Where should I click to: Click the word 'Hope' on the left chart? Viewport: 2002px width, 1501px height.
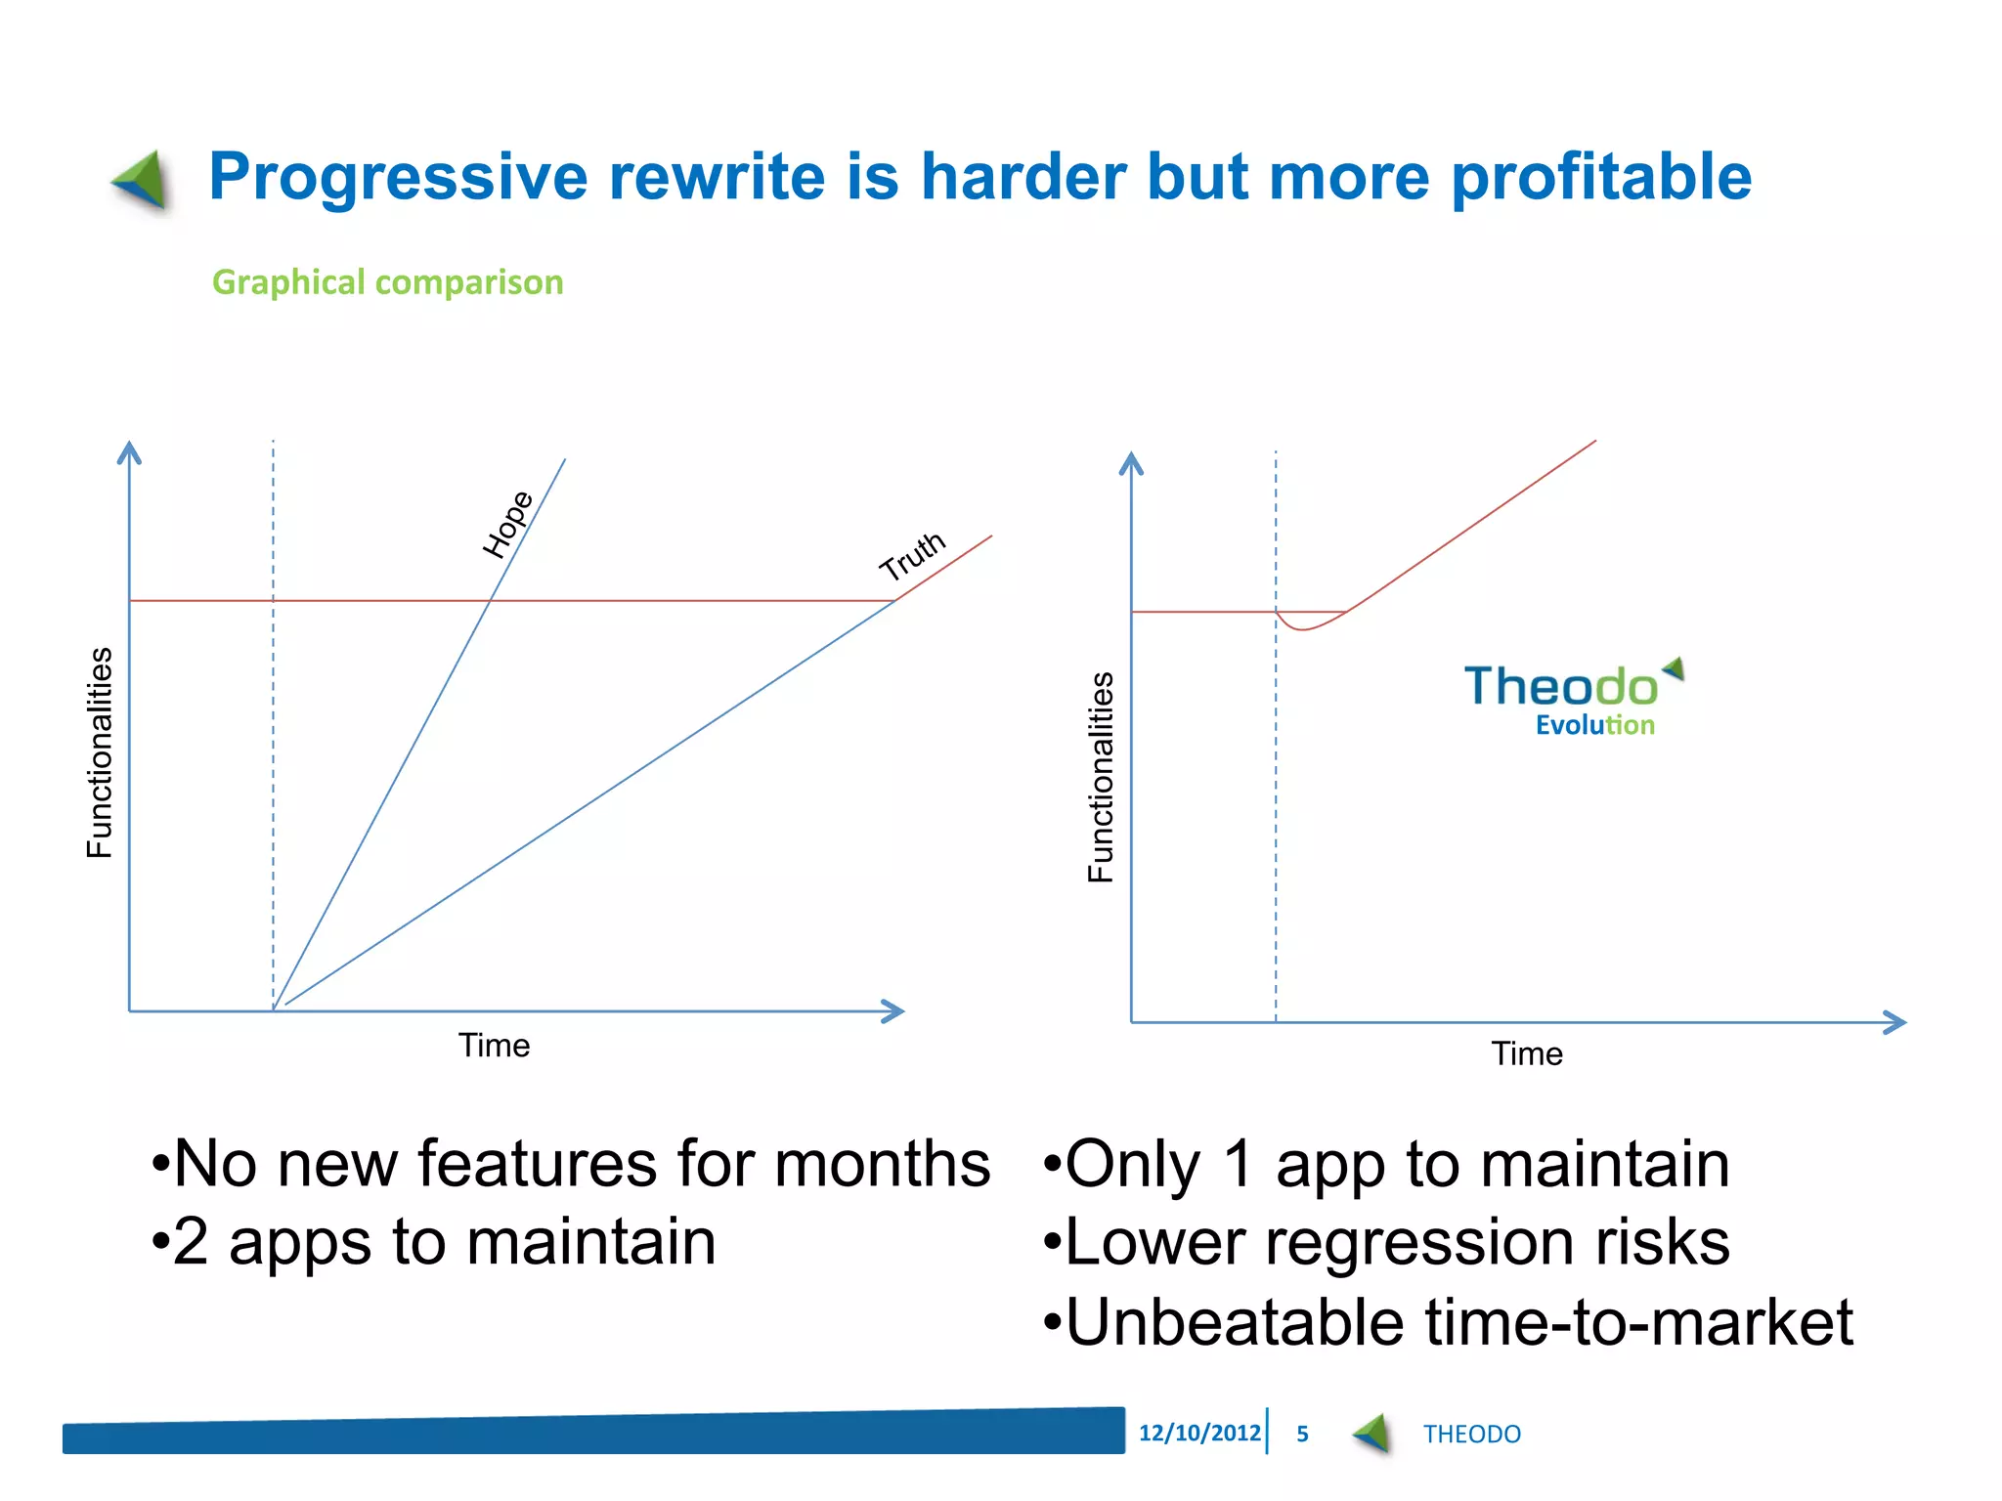[x=508, y=525]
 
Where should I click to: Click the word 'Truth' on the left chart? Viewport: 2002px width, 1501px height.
[x=911, y=556]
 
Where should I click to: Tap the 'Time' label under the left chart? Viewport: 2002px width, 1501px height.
[x=494, y=1046]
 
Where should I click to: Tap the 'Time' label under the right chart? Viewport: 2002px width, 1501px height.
[x=1526, y=1054]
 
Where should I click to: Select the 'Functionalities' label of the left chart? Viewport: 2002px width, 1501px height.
[x=100, y=752]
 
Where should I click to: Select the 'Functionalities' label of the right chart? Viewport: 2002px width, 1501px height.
[x=1101, y=777]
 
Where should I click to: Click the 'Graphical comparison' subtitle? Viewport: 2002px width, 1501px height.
[x=387, y=282]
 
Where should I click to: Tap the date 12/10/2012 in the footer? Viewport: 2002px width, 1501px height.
[x=1198, y=1433]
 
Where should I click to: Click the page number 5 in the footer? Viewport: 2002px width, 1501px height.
[x=1302, y=1434]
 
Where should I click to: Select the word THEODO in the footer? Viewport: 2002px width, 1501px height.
[x=1471, y=1434]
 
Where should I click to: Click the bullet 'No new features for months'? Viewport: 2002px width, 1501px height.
[x=571, y=1164]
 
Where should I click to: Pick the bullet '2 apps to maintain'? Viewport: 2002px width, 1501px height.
[x=434, y=1242]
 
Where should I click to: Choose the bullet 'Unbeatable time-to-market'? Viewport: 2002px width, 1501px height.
[x=1448, y=1322]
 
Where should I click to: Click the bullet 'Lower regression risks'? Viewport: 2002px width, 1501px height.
[x=1386, y=1242]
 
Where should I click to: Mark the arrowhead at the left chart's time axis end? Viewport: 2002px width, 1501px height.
[x=893, y=1011]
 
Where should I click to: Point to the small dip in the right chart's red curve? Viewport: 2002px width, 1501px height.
[x=1303, y=627]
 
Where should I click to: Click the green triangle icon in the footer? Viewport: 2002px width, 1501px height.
[x=1372, y=1434]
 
